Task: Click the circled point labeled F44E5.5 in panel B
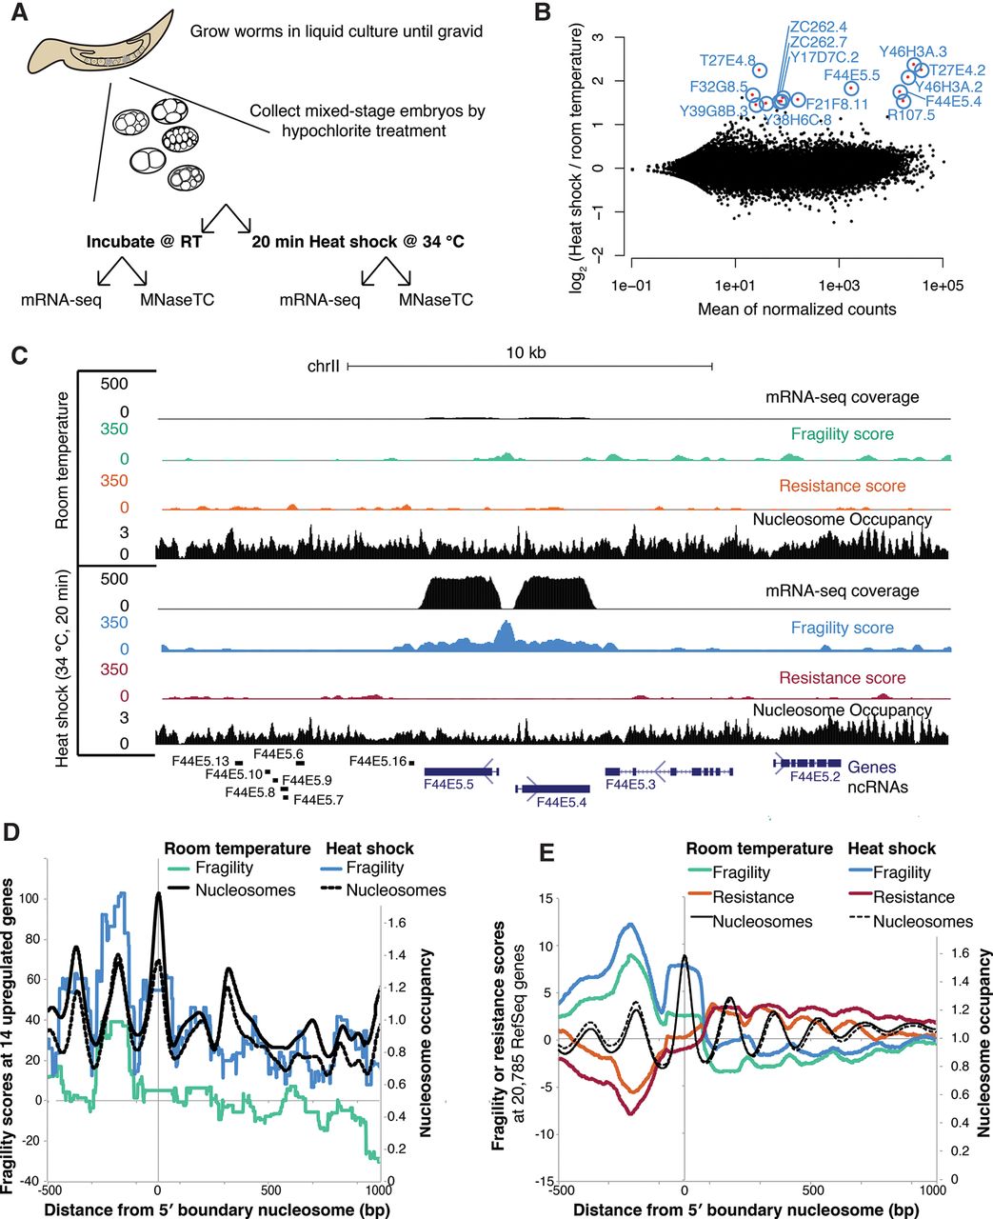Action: pyautogui.click(x=851, y=89)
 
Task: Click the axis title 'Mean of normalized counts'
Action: pyautogui.click(x=797, y=309)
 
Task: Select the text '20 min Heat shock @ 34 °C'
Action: pyautogui.click(x=358, y=242)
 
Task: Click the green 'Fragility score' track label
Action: pyautogui.click(x=842, y=434)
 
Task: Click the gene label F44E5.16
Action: pyautogui.click(x=378, y=761)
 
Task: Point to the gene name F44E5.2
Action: pyautogui.click(x=814, y=777)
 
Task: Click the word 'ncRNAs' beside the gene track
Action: pyautogui.click(x=878, y=788)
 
